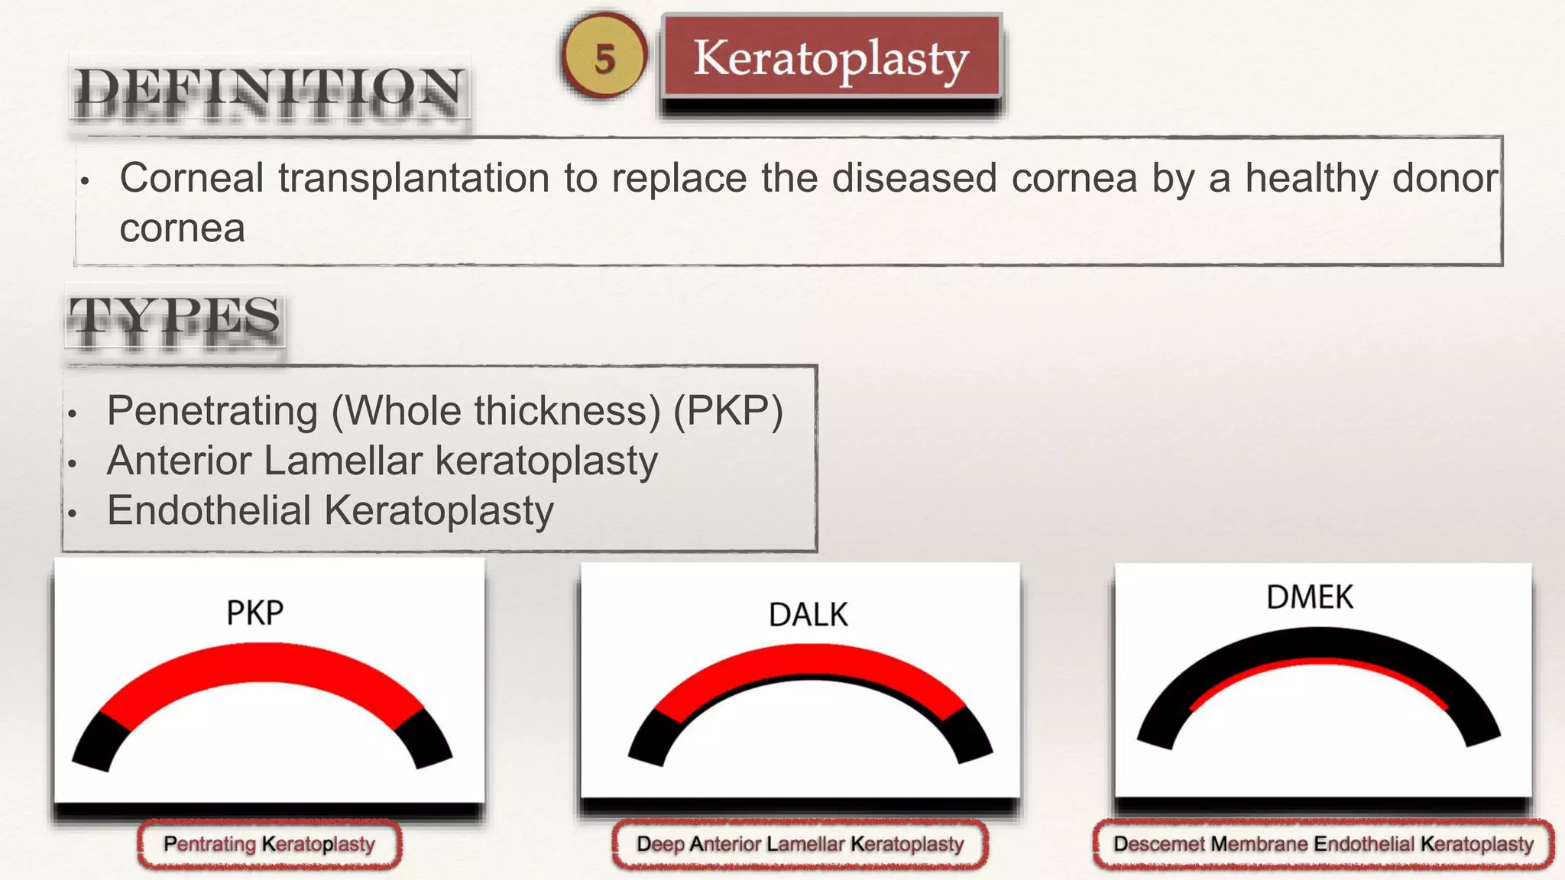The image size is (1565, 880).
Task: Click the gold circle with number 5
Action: pos(604,57)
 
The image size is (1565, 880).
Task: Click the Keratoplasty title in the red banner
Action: pos(831,58)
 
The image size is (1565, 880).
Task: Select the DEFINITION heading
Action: pos(269,93)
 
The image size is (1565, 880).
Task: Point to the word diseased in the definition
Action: pos(914,178)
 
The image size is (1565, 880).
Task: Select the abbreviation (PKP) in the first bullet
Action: pos(727,411)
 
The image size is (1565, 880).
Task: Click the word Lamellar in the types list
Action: pos(341,461)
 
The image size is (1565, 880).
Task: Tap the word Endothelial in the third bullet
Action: pos(208,510)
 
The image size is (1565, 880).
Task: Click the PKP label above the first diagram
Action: pos(254,613)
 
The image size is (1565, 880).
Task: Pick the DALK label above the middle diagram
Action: pos(808,615)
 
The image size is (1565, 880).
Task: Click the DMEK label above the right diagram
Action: pos(1309,597)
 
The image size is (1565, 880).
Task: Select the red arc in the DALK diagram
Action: pos(810,661)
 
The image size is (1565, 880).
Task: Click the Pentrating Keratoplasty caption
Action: pos(269,844)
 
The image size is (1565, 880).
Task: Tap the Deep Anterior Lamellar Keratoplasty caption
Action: pos(799,844)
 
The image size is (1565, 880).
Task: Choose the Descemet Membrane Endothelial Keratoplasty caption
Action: pos(1323,844)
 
